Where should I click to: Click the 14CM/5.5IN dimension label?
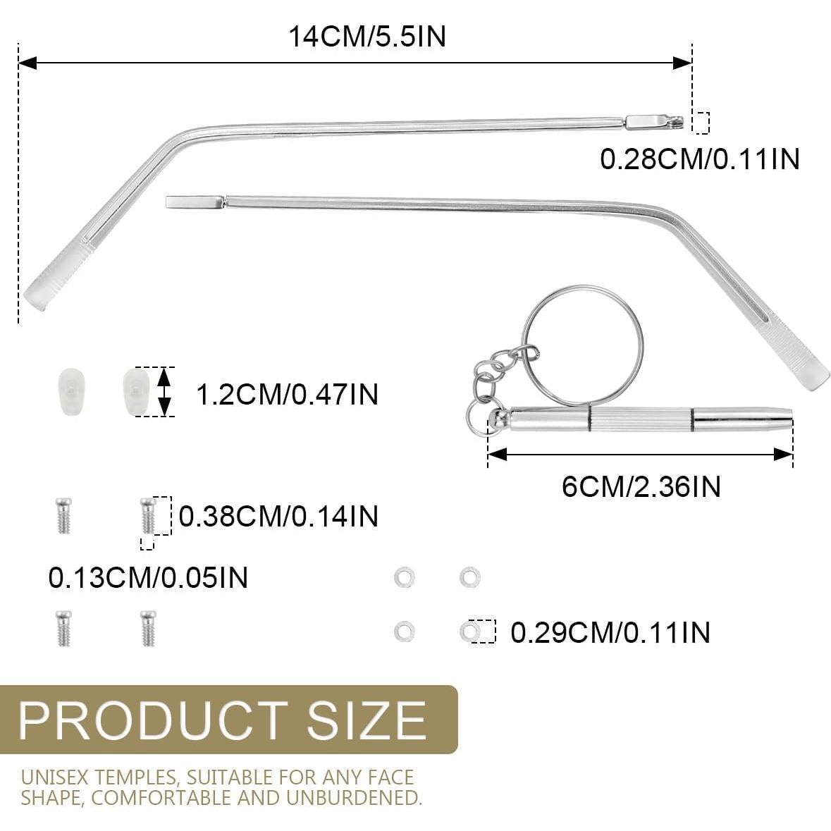[x=367, y=36]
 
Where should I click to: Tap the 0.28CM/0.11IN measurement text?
[x=700, y=159]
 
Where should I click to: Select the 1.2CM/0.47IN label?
[x=287, y=394]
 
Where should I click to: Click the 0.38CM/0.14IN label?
[x=278, y=516]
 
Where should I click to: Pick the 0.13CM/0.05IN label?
[x=148, y=578]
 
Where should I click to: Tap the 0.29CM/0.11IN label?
[x=610, y=632]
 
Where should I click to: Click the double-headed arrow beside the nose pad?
[x=164, y=391]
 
